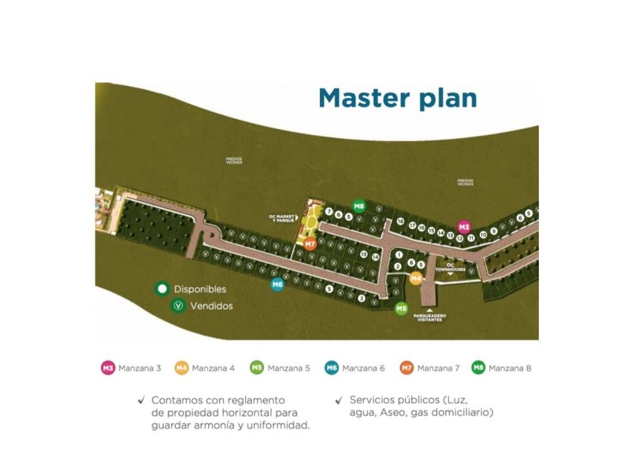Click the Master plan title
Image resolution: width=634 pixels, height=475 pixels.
tap(397, 99)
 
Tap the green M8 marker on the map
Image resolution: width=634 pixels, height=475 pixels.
tap(359, 206)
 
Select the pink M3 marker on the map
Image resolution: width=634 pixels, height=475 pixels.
tap(464, 226)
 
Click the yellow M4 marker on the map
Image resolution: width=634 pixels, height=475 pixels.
tap(415, 278)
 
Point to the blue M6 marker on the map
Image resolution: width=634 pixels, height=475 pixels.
tap(277, 284)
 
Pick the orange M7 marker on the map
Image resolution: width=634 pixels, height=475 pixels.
tap(310, 243)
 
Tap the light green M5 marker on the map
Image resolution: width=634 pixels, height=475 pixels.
tap(402, 308)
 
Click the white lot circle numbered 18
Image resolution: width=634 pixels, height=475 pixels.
tap(400, 222)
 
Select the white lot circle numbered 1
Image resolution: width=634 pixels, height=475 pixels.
tap(398, 256)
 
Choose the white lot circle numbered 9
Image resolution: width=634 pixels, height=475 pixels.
tap(494, 231)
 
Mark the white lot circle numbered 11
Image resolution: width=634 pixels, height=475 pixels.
tap(471, 238)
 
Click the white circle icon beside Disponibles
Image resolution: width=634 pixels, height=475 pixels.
tap(161, 289)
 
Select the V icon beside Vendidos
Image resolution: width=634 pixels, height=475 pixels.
tap(179, 306)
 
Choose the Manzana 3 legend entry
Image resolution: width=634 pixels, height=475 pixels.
tap(131, 368)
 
